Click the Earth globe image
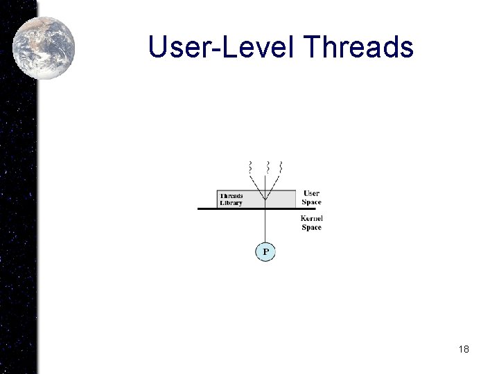click(43, 47)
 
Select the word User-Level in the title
click(222, 47)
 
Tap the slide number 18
click(464, 349)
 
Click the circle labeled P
click(265, 251)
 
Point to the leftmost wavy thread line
click(250, 167)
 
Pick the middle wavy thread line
click(265, 167)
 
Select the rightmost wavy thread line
click(281, 167)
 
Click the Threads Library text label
click(231, 199)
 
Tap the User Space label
click(311, 197)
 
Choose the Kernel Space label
click(311, 223)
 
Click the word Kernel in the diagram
click(311, 219)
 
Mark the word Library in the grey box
click(231, 203)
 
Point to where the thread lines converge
click(265, 199)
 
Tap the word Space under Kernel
click(311, 228)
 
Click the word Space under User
click(311, 202)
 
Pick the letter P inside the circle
click(265, 251)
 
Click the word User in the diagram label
click(311, 193)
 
